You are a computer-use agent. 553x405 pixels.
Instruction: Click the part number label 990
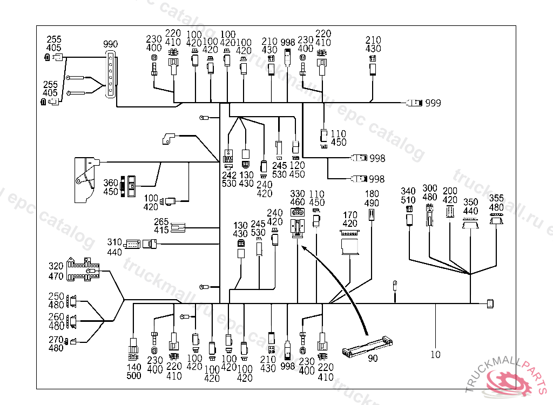click(111, 44)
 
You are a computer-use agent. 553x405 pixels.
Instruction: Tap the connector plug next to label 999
click(414, 103)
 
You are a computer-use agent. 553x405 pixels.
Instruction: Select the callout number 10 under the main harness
click(436, 355)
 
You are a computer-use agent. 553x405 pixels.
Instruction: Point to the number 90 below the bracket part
click(373, 358)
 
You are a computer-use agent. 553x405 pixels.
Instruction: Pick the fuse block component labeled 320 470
click(83, 270)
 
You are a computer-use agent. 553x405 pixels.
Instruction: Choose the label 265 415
click(161, 226)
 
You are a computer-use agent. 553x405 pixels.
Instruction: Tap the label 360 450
click(111, 187)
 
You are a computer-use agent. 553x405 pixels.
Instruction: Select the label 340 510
click(408, 195)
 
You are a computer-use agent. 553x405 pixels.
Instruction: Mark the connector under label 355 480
click(496, 219)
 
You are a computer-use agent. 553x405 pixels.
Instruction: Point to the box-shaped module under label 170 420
click(350, 241)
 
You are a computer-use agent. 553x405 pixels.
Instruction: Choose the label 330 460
click(298, 198)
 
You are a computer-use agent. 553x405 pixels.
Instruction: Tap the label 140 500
click(133, 372)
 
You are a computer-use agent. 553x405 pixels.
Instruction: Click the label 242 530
click(229, 179)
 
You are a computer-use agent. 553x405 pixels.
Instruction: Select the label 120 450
click(297, 170)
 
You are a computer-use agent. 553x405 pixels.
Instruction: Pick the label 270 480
click(56, 343)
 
